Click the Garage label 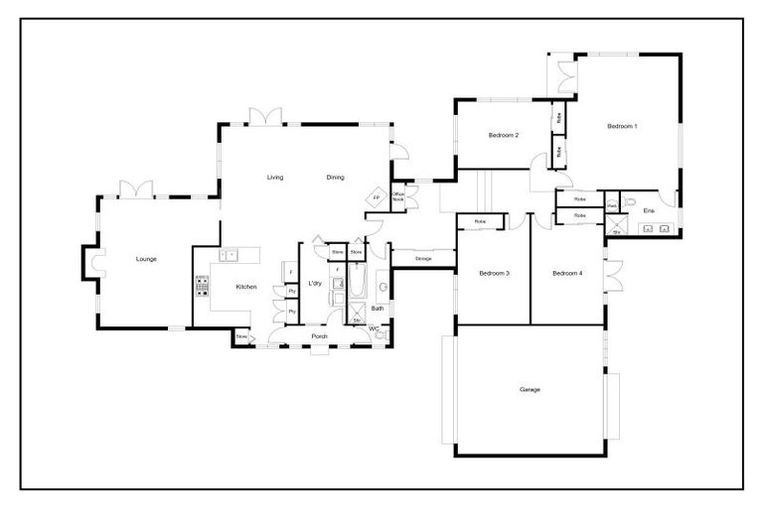(x=530, y=389)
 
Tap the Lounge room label (x=146, y=259)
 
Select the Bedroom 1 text (x=622, y=126)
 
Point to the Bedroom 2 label (x=504, y=135)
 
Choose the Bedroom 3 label (x=495, y=273)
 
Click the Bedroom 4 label (x=567, y=273)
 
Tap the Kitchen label (x=246, y=287)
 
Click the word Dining (x=335, y=177)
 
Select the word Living (x=275, y=177)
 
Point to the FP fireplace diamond (x=376, y=198)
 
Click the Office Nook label (x=397, y=196)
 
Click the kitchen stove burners (x=203, y=287)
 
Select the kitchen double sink (x=230, y=255)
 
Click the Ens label (x=648, y=210)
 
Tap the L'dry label (x=315, y=285)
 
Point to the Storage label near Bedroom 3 (x=423, y=258)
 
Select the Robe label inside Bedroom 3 (x=480, y=221)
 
